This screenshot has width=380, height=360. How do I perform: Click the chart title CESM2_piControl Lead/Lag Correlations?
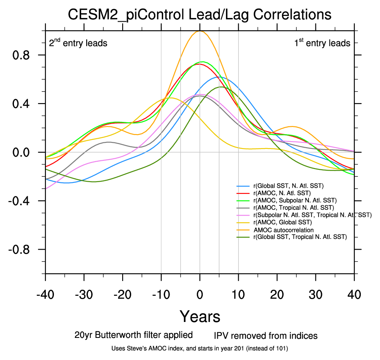tap(199, 15)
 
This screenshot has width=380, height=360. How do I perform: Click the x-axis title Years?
tap(200, 316)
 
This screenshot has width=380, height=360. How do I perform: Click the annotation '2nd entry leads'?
tap(78, 43)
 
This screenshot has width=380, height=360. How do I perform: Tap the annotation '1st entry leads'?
tap(322, 43)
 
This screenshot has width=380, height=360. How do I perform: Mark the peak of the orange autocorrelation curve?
tap(200, 31)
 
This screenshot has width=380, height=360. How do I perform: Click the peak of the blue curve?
tap(219, 76)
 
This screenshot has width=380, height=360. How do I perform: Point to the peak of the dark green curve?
tap(221, 87)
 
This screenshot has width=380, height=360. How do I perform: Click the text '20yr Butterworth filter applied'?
tap(134, 335)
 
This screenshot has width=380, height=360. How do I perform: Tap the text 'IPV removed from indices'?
tap(266, 336)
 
